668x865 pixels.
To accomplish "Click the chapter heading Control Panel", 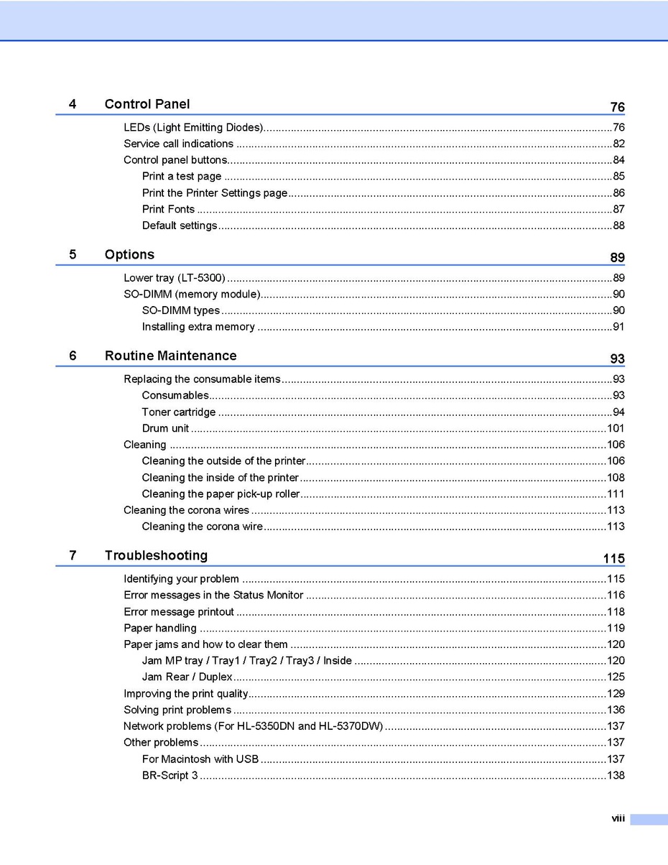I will pos(147,104).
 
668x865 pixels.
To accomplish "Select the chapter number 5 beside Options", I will pos(73,254).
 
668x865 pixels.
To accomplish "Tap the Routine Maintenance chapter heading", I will pos(170,356).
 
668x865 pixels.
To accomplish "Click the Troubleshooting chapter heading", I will pos(156,555).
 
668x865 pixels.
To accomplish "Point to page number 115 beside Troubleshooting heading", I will pos(613,559).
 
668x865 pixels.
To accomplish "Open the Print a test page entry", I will pos(182,176).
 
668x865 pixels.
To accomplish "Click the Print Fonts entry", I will pos(168,209).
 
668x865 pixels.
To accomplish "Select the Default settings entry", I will pos(180,226).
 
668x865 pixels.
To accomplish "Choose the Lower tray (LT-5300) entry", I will pos(175,278).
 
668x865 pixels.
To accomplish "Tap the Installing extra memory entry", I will pos(198,327).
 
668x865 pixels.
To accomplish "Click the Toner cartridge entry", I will pos(179,412).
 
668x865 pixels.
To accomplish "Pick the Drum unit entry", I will pos(166,429).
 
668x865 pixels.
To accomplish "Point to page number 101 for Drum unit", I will pos(616,429).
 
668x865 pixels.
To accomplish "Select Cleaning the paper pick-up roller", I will pos(221,494).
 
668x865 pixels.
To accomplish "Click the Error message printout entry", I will pos(179,612).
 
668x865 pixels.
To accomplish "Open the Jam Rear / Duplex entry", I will pos(187,677).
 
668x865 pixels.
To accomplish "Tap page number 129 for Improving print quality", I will pos(616,694).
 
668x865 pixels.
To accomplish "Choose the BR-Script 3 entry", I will pos(170,776).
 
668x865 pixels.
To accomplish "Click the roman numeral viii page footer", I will pos(618,819).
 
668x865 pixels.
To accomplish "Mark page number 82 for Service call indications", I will pos(618,144).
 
